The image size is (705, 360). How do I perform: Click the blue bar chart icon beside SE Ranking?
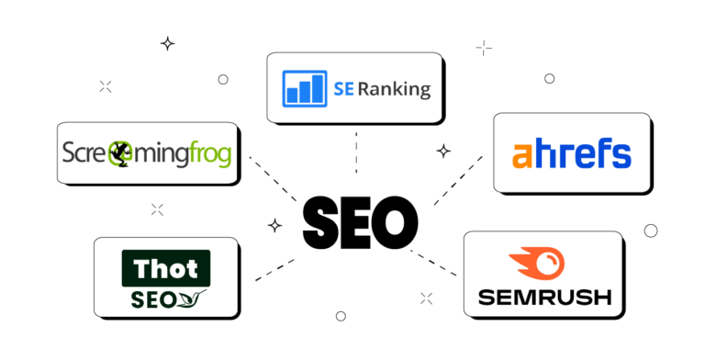(x=306, y=87)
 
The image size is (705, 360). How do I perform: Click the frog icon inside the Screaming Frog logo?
(x=119, y=153)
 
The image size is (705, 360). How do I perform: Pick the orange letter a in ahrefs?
(x=523, y=154)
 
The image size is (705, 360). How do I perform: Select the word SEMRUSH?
(x=543, y=298)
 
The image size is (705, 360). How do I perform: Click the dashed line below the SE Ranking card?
(x=355, y=152)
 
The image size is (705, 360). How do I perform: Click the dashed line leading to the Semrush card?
(x=432, y=261)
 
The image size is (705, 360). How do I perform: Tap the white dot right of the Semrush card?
(x=651, y=231)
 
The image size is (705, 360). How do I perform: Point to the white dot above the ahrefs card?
(x=549, y=79)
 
